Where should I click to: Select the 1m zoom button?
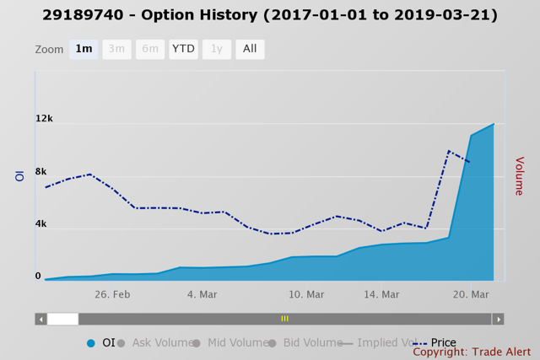[84, 49]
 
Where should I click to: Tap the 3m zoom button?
[116, 49]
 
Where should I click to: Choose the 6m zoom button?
[150, 49]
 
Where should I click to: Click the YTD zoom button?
[183, 49]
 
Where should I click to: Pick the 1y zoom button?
[216, 49]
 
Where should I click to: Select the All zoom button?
[250, 49]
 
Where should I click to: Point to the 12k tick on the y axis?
[44, 119]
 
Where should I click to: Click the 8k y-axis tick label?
[40, 172]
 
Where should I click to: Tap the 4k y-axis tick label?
[40, 224]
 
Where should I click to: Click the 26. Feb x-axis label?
[112, 294]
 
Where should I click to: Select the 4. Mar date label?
[202, 294]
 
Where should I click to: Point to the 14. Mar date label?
[381, 294]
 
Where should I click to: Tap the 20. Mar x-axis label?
[471, 294]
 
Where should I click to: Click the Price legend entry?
[443, 343]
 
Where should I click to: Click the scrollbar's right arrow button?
[498, 319]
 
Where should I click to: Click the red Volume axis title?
[519, 176]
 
